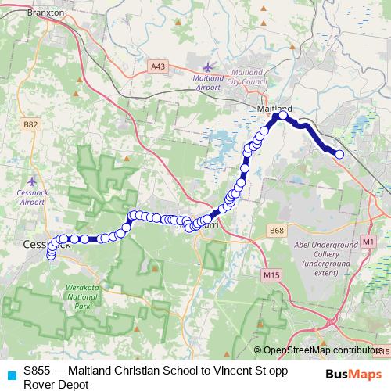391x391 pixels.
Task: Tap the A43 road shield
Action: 159,67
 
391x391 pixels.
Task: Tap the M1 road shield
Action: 368,243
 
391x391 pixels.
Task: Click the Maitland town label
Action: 274,108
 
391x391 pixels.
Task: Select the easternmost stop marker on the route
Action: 339,155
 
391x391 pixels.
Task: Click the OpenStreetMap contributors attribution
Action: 321,350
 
